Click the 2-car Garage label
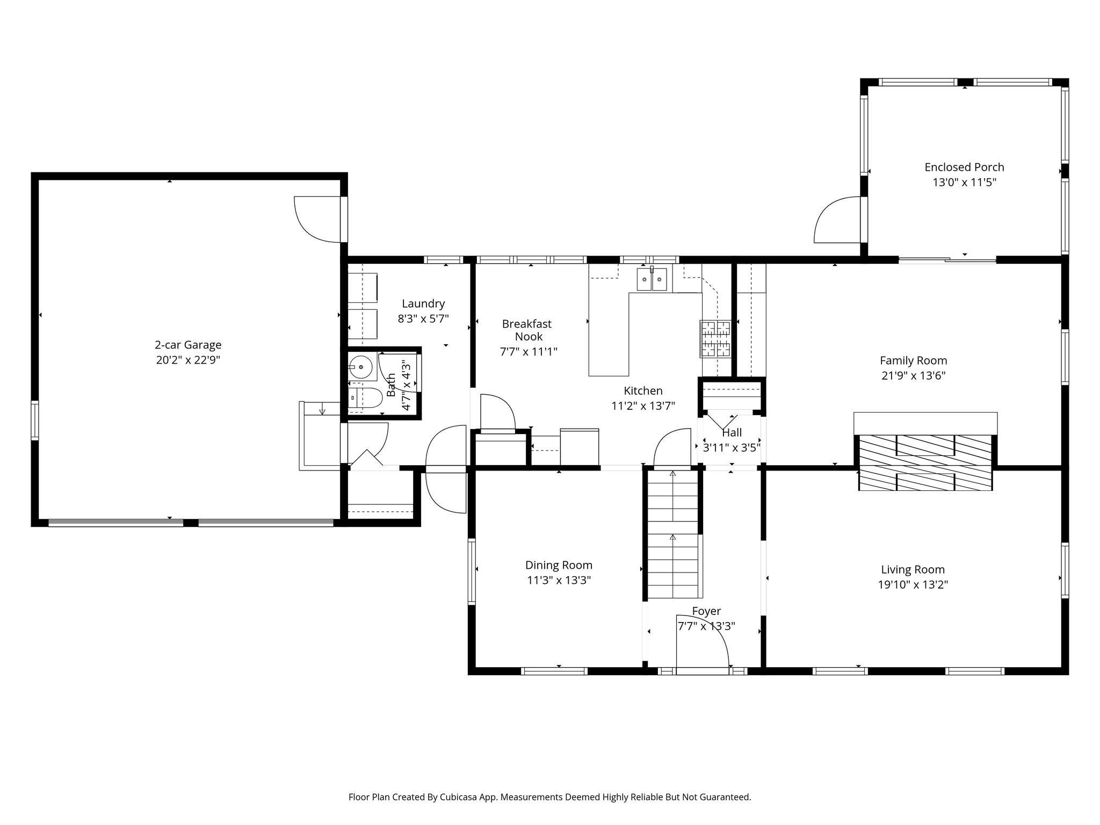tap(188, 345)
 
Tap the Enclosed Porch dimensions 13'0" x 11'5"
tap(964, 182)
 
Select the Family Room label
tap(913, 360)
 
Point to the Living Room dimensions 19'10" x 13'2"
tap(913, 584)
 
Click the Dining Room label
tap(559, 565)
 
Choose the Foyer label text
tap(706, 611)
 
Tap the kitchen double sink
tap(652, 279)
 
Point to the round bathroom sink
tap(360, 368)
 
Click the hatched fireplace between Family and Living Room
tap(925, 462)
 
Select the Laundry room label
tap(423, 303)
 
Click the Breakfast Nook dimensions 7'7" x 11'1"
tap(529, 352)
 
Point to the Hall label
tap(732, 432)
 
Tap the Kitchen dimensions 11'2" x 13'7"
tap(643, 406)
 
